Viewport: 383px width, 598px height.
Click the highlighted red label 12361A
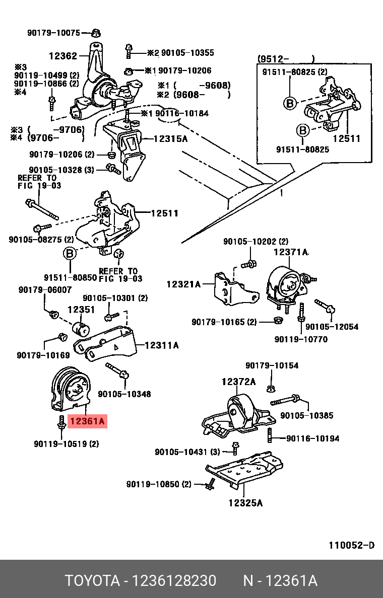coord(88,421)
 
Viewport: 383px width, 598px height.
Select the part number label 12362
coord(62,56)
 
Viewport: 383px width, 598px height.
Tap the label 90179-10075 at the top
coord(53,33)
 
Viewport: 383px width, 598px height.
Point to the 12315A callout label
coord(170,138)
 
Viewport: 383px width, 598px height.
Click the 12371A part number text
coord(291,252)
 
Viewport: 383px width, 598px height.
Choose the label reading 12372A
coord(238,382)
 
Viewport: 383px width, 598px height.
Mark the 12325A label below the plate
coord(245,502)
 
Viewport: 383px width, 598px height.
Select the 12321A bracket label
coord(183,284)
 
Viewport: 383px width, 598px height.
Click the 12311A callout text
coord(161,345)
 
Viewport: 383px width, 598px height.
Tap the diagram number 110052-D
coord(352,546)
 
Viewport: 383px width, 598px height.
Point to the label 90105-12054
coord(332,327)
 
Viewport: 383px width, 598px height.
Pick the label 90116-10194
coord(312,438)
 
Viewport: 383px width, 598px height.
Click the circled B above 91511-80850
coord(70,253)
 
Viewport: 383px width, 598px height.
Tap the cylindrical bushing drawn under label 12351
coord(81,329)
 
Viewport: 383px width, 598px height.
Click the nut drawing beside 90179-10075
coord(95,34)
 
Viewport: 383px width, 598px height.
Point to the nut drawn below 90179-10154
coord(271,388)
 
